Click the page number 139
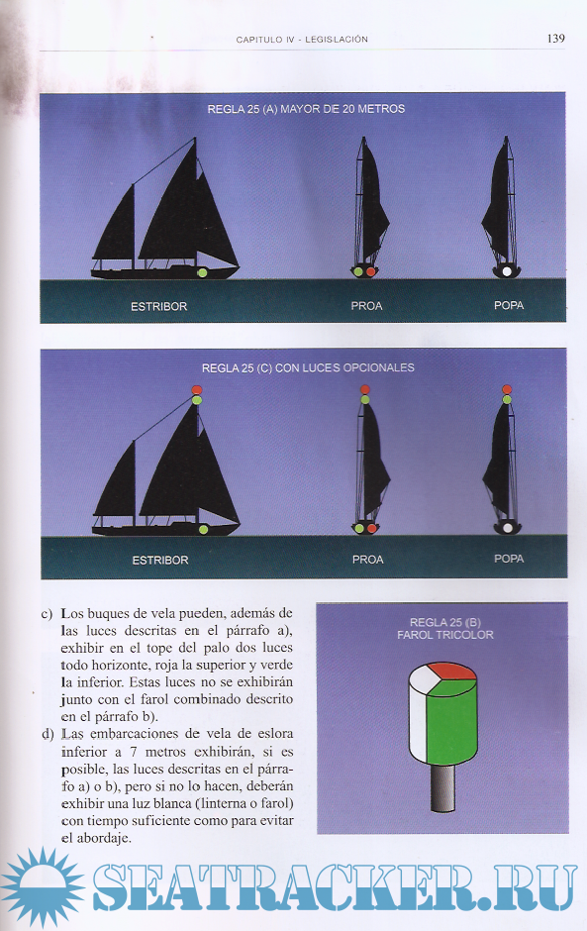(555, 39)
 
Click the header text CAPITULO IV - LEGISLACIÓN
(302, 40)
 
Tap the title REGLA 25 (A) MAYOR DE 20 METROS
(306, 109)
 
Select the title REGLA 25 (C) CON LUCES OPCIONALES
(308, 368)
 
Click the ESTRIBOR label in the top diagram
(159, 306)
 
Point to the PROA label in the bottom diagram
(368, 560)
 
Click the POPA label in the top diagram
(509, 305)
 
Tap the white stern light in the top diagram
(507, 271)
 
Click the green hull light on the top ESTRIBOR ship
(202, 272)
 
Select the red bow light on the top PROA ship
(371, 271)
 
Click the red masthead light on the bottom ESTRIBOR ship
(197, 390)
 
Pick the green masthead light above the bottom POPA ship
(507, 399)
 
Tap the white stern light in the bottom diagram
(508, 528)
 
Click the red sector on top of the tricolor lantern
(455, 671)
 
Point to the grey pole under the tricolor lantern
(442, 788)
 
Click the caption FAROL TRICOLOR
(445, 635)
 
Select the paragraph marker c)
(47, 613)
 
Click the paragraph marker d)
(49, 734)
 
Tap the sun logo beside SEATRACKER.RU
(43, 887)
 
